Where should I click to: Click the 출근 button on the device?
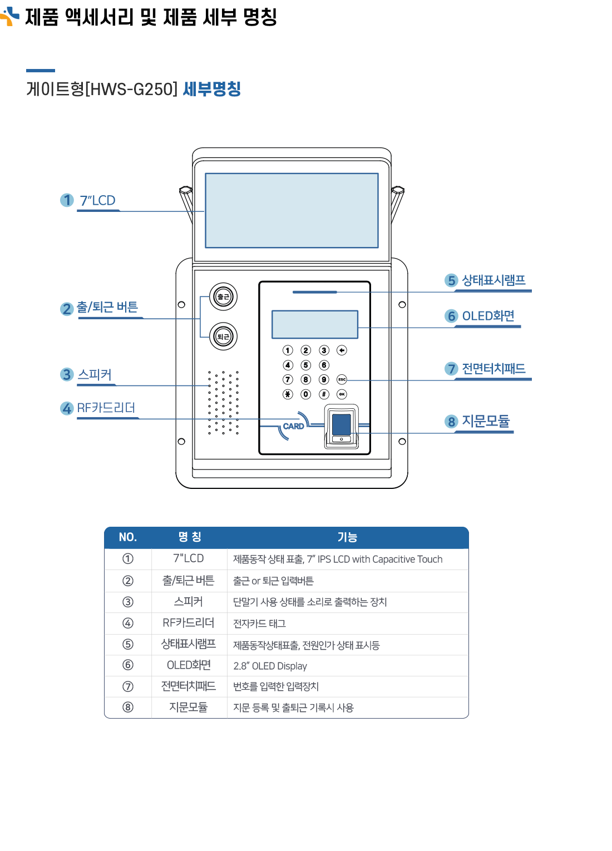coord(223,296)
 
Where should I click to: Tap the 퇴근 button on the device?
coord(223,337)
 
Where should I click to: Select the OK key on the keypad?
coord(342,394)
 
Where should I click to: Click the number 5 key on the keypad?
coord(305,365)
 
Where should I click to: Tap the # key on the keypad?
coord(324,394)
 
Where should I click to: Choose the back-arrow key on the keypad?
coord(342,350)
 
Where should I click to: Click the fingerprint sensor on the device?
coord(341,424)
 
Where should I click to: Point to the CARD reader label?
coord(293,426)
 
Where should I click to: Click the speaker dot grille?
coord(223,402)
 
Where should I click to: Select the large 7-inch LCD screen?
coord(292,210)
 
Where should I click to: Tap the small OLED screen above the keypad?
coord(314,324)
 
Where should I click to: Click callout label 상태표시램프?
coord(493,280)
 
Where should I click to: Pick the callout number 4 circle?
coord(67,408)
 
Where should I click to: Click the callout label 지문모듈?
coord(486,422)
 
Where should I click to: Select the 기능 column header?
coord(347,537)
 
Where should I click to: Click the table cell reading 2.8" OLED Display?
coord(270,666)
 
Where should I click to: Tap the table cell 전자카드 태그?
coord(259,624)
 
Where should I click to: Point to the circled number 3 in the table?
coord(128,602)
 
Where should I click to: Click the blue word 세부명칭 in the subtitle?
coord(211,89)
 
